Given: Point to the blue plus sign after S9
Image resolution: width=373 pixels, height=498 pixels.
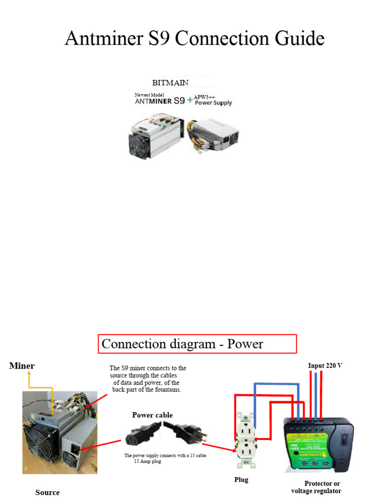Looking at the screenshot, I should [x=189, y=102].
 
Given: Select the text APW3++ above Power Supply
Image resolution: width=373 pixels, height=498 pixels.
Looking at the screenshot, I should [x=204, y=97].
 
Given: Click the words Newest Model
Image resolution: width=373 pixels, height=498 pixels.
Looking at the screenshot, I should [x=150, y=95].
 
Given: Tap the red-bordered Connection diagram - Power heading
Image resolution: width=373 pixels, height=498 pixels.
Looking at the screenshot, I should [x=197, y=344].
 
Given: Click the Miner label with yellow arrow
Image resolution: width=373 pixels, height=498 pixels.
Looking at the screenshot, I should [x=22, y=366].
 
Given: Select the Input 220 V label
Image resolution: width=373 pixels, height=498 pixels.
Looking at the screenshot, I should [x=325, y=365].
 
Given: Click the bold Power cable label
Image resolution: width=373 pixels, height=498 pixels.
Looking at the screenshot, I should [x=153, y=415].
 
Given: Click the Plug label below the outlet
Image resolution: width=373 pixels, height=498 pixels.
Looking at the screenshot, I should [x=241, y=480].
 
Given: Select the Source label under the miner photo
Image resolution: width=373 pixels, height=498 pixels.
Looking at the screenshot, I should [x=48, y=492].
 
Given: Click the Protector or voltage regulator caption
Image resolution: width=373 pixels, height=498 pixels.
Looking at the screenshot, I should [x=316, y=487].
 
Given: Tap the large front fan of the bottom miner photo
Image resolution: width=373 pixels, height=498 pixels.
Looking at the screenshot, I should [x=41, y=441].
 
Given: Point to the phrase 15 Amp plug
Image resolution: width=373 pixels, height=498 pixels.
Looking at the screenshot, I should [x=148, y=461].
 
